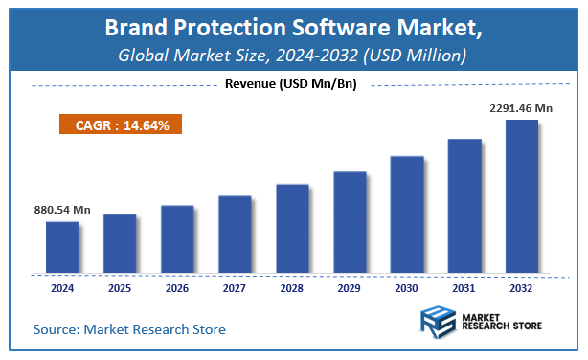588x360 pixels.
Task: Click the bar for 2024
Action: (62, 248)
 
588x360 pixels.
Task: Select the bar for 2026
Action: (177, 239)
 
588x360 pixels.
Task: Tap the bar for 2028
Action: (292, 229)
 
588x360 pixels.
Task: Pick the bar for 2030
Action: (407, 214)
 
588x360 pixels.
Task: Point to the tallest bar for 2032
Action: (522, 196)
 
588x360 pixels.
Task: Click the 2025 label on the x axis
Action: (120, 287)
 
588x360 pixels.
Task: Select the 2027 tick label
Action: (235, 287)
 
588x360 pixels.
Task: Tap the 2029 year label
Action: (350, 287)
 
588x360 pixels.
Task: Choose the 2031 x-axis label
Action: (464, 287)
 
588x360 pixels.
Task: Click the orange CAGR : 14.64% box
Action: (121, 124)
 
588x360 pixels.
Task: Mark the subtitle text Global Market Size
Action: (187, 56)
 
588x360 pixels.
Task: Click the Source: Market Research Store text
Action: (129, 329)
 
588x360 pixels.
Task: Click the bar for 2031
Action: (464, 206)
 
